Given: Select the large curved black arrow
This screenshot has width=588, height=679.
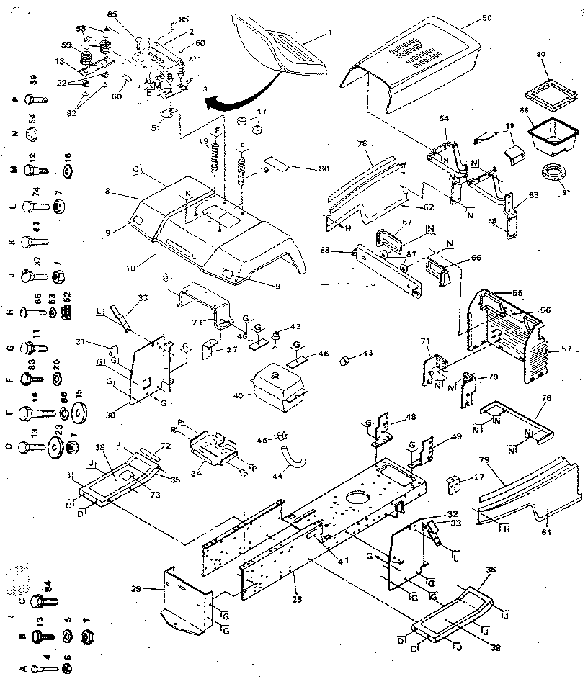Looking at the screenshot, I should click(231, 97).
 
